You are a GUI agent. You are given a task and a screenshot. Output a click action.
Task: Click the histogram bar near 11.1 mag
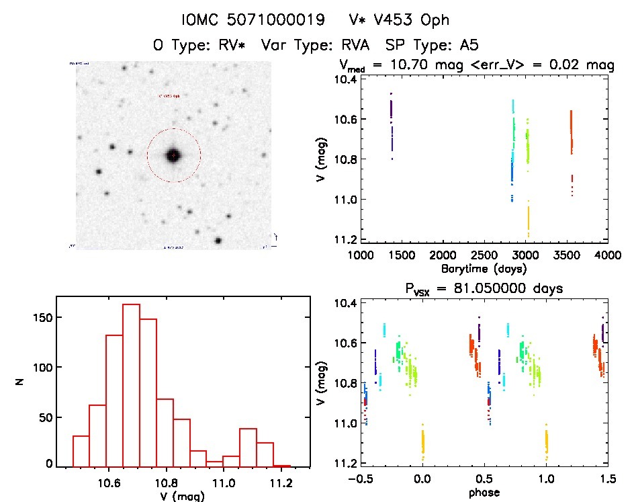248,448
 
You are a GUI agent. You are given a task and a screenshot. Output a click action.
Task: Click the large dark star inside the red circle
173,155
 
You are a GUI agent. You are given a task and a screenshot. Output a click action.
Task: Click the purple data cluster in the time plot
391,121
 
